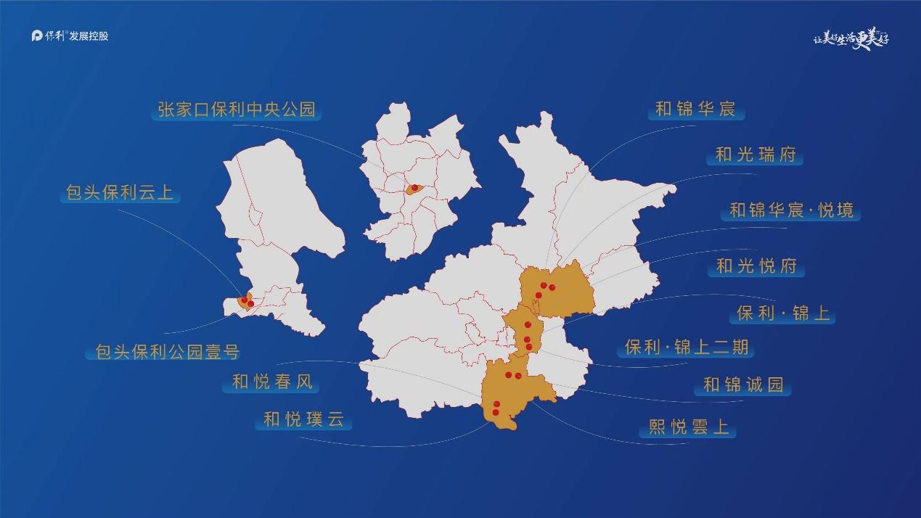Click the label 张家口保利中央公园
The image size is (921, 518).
pyautogui.click(x=237, y=110)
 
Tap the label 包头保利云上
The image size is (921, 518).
pyautogui.click(x=120, y=194)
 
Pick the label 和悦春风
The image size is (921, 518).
pyautogui.click(x=273, y=382)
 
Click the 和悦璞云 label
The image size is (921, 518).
pyautogui.click(x=303, y=419)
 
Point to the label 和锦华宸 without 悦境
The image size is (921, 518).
pyautogui.click(x=695, y=110)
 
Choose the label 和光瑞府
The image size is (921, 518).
pyautogui.click(x=756, y=155)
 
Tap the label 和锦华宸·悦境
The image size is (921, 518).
pyautogui.click(x=791, y=210)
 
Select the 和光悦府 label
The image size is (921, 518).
pyautogui.click(x=756, y=266)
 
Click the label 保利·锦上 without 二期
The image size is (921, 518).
pyautogui.click(x=783, y=314)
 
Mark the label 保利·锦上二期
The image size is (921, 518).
pyautogui.click(x=687, y=348)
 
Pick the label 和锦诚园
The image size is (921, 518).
pyautogui.click(x=743, y=385)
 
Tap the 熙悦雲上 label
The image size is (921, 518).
pyautogui.click(x=688, y=427)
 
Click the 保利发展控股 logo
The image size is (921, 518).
pyautogui.click(x=70, y=36)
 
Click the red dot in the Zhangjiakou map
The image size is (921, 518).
pyautogui.click(x=414, y=188)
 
